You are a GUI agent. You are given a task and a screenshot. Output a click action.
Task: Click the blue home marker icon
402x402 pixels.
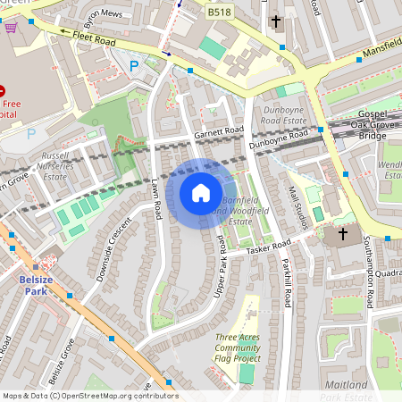click(x=201, y=192)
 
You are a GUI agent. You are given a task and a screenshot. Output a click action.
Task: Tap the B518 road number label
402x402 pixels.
click(x=218, y=12)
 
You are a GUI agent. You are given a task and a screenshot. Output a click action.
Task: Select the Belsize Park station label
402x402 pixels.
click(x=34, y=285)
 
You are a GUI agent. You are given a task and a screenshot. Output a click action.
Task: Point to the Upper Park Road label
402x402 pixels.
click(x=221, y=249)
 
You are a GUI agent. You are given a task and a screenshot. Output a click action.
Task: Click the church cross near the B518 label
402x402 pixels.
click(x=276, y=20)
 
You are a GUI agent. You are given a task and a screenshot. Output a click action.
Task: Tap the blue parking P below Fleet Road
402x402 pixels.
click(x=135, y=65)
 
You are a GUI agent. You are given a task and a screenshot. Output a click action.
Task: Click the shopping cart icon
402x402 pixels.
click(x=11, y=27)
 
